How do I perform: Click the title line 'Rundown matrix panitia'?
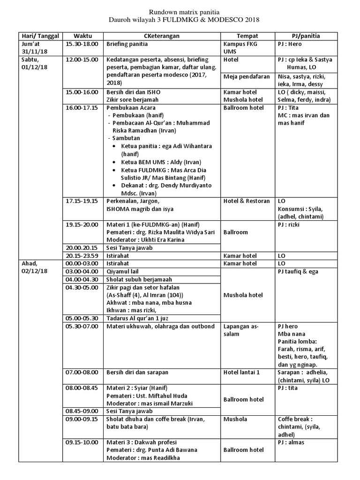click(x=180, y=12)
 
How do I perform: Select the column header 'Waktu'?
click(x=82, y=36)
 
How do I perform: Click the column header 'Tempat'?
click(x=247, y=36)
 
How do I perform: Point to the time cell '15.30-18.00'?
click(x=82, y=44)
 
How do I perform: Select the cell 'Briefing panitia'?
click(x=127, y=44)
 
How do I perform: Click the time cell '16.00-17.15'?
click(x=82, y=107)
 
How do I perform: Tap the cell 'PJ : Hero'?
click(x=290, y=44)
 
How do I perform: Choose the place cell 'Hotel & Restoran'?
click(x=247, y=201)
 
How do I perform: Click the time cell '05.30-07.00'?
click(x=82, y=326)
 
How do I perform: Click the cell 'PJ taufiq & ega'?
click(x=300, y=271)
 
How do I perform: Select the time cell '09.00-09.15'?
click(x=82, y=419)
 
